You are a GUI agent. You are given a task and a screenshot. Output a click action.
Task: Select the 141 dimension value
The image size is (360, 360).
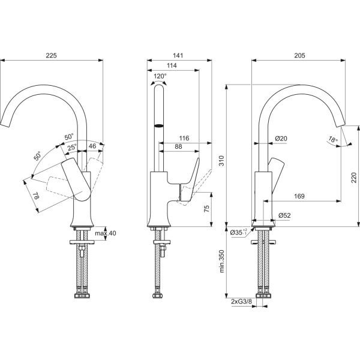178,55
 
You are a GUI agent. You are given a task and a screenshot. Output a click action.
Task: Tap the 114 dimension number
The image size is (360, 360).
172,67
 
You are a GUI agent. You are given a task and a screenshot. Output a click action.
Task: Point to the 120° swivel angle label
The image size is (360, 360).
160,77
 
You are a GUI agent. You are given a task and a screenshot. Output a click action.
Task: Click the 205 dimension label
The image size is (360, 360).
299,55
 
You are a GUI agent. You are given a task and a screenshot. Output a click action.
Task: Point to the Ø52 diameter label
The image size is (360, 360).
285,215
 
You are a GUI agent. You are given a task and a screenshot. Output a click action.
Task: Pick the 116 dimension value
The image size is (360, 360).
184,139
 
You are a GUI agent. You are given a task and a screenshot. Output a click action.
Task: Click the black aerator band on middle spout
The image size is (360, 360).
160,126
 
